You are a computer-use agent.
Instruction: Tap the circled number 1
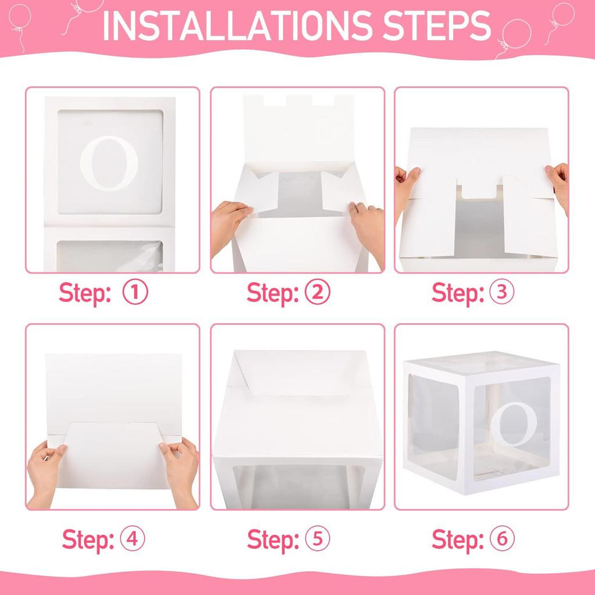[135, 293]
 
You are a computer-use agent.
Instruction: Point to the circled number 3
[502, 293]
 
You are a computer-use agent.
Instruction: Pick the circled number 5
[317, 539]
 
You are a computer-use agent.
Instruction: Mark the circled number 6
[502, 539]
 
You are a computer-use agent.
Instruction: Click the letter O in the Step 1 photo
[109, 164]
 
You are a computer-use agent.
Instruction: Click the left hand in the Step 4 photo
[45, 471]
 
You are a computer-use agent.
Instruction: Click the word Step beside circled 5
[271, 539]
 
